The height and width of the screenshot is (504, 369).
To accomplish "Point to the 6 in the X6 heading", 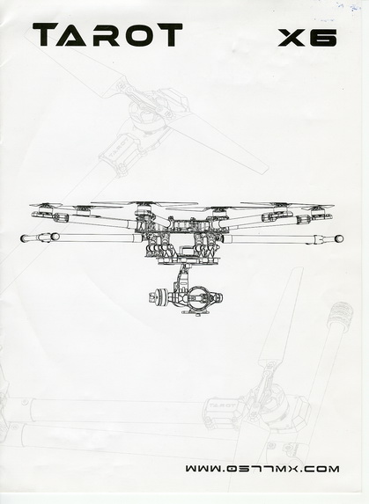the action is pyautogui.click(x=323, y=38).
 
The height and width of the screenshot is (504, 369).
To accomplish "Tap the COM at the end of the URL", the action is pyautogui.click(x=320, y=468).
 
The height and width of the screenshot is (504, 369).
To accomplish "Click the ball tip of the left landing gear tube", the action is pyautogui.click(x=23, y=238).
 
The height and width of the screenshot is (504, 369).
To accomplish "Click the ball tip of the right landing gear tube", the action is pyautogui.click(x=339, y=239).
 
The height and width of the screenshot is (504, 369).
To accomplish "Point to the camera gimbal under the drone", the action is pyautogui.click(x=186, y=293).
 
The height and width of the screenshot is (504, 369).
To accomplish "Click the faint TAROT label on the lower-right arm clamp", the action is pyautogui.click(x=222, y=405).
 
